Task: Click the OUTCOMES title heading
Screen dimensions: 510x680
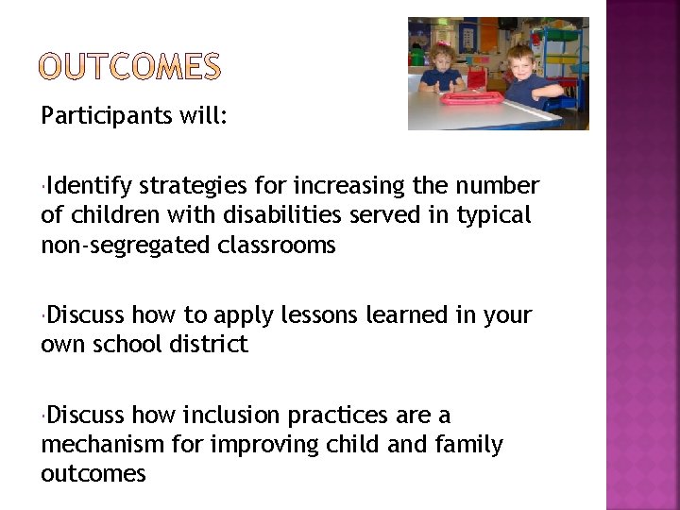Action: click(x=131, y=66)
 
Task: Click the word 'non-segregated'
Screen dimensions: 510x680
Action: click(x=126, y=246)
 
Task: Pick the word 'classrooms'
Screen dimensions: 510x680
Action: click(x=276, y=246)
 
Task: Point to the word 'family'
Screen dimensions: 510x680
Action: click(x=469, y=444)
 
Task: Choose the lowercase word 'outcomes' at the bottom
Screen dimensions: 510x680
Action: click(x=93, y=473)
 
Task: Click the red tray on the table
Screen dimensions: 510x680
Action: click(x=473, y=96)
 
